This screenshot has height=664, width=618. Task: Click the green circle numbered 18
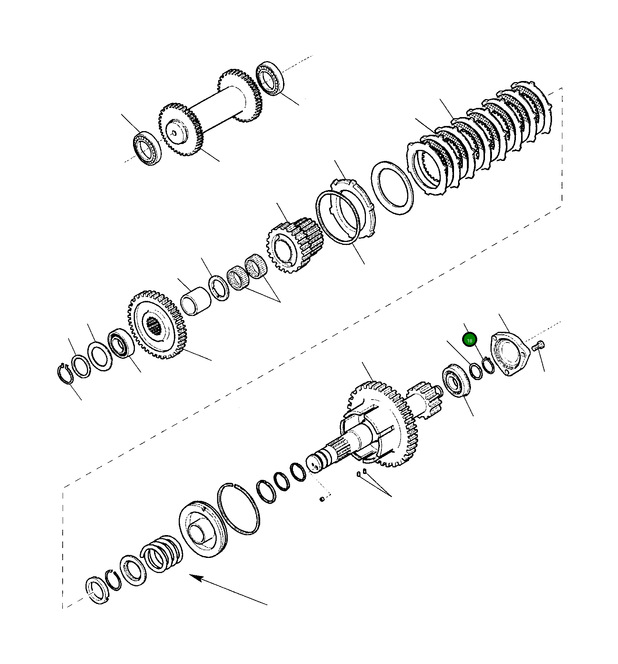pyautogui.click(x=469, y=341)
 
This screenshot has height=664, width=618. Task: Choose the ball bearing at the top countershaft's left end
pyautogui.click(x=147, y=148)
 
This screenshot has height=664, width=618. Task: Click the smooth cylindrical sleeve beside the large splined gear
pyautogui.click(x=196, y=301)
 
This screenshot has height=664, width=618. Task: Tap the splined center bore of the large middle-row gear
pyautogui.click(x=153, y=326)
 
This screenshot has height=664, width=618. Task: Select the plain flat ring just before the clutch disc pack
pyautogui.click(x=392, y=188)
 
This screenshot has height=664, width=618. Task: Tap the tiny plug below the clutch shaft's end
pyautogui.click(x=322, y=499)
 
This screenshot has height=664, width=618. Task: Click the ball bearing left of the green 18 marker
pyautogui.click(x=457, y=380)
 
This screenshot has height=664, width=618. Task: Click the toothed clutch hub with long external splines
pyautogui.click(x=295, y=245)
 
